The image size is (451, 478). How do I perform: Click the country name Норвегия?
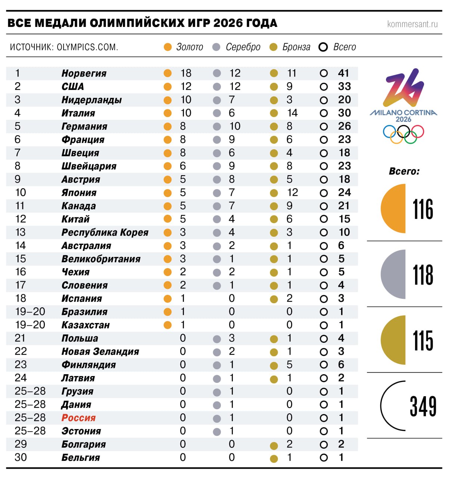coord(84,74)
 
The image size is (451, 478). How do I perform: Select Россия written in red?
coord(78,418)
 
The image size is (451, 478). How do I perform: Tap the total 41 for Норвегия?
coord(343,73)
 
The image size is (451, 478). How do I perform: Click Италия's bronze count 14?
coord(292,113)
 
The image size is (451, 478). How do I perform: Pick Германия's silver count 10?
coord(235,126)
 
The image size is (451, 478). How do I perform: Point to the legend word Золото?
coord(189,47)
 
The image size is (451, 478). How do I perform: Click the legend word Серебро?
coord(243,47)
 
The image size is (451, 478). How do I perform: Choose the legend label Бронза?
coord(296,47)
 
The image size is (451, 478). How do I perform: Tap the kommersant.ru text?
coord(412,24)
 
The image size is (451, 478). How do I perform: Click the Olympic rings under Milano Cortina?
coord(404,134)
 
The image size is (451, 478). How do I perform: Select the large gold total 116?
coord(423,209)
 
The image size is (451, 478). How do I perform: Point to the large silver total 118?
coord(423,275)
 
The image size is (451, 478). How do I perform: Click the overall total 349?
coord(423,406)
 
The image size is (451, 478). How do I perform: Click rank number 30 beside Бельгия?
coord(21,457)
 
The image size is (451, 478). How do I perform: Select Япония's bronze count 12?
coord(292,193)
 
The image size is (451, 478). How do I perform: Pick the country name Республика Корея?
coord(105,233)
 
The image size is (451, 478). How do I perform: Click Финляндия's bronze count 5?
coord(289,365)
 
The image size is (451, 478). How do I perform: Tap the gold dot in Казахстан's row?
coord(168,325)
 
